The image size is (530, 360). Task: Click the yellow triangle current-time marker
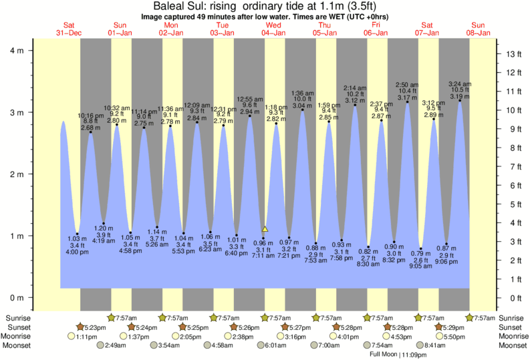coord(265,229)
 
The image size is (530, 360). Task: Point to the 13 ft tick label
coord(513,54)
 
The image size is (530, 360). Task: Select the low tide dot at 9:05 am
coord(421,248)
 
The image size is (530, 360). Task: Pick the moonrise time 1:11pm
coord(86,337)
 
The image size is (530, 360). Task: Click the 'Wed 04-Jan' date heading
coord(273,29)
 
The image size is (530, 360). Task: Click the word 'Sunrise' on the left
coord(18,318)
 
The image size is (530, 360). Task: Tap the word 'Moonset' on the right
coord(511,345)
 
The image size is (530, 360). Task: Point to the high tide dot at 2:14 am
coord(355,105)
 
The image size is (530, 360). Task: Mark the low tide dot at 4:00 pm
coord(78,234)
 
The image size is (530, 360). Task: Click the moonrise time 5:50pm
coord(458,337)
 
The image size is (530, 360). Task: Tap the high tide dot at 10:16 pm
coord(91,132)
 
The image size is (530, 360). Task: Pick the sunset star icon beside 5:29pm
coord(439,327)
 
